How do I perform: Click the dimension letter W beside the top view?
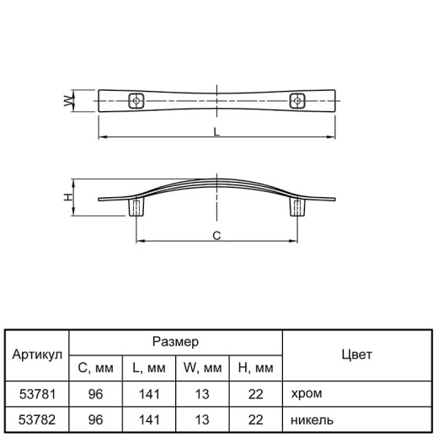click(x=68, y=101)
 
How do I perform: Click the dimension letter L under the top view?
click(x=216, y=131)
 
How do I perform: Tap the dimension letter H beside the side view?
click(x=68, y=197)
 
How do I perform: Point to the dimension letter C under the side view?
click(x=216, y=236)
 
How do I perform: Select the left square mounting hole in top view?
click(x=136, y=101)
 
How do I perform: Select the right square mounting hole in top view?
click(x=297, y=101)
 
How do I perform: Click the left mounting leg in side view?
click(x=136, y=207)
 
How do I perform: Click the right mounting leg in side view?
click(x=297, y=207)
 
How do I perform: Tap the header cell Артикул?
click(x=37, y=355)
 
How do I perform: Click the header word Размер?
click(x=175, y=342)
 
